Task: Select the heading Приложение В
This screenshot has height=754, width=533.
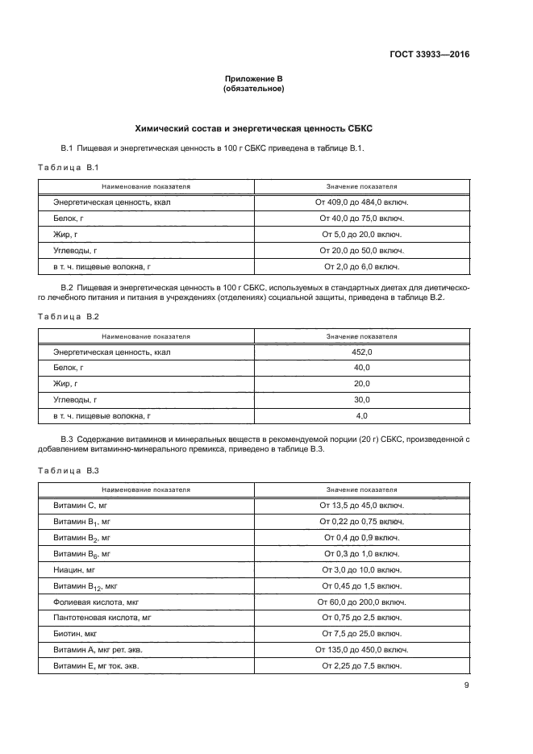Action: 252,78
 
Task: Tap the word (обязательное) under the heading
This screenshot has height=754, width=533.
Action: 252,89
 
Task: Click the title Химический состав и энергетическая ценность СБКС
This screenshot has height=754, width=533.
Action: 252,128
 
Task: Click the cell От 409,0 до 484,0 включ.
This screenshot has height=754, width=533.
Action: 362,202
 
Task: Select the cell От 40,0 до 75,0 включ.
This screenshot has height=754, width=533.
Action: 362,219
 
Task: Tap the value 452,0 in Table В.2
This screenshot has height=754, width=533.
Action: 362,352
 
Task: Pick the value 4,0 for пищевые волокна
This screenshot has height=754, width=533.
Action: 362,415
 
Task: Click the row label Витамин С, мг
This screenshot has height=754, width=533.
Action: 81,506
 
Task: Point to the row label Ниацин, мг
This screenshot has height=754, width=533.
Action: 74,569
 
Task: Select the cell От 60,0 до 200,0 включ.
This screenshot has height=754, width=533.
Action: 362,602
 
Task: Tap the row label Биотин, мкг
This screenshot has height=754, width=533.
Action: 75,633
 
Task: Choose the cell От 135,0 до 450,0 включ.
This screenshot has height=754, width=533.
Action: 362,649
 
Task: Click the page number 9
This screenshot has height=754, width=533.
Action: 466,686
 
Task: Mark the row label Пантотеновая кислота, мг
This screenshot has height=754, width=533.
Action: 102,618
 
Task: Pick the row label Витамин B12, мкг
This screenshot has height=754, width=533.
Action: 85,585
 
